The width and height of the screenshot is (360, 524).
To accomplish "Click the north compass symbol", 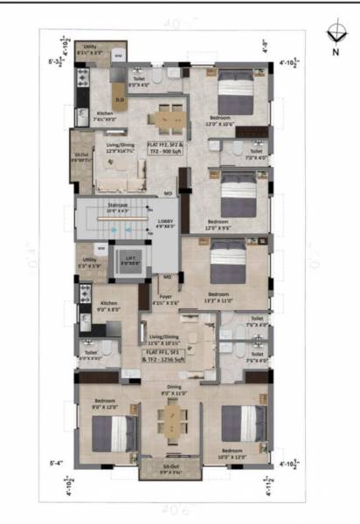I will coord(335,33).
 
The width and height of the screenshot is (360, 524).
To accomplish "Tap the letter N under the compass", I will coord(336,52).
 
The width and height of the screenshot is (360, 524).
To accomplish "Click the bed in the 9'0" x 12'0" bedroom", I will coord(114,431).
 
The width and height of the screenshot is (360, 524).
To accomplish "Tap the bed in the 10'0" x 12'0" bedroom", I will coord(243,424).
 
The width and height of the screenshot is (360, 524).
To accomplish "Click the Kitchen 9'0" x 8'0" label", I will coord(108,305).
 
